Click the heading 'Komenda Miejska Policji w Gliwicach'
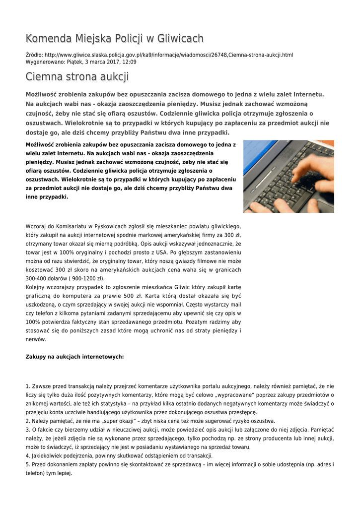tap(114, 39)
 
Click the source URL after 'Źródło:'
tap(169, 55)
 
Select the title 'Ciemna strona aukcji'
tap(77, 77)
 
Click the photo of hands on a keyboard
tap(288, 176)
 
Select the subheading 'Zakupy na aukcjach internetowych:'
tap(74, 356)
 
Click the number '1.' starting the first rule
tap(28, 386)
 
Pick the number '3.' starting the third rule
tap(28, 430)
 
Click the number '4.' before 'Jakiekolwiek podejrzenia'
tap(28, 456)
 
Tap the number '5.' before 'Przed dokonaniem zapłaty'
tap(28, 465)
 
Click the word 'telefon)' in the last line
tap(35, 473)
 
